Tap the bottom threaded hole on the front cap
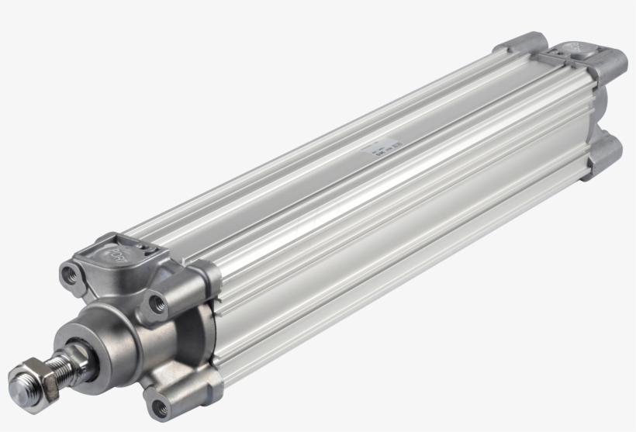pos(161,403)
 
